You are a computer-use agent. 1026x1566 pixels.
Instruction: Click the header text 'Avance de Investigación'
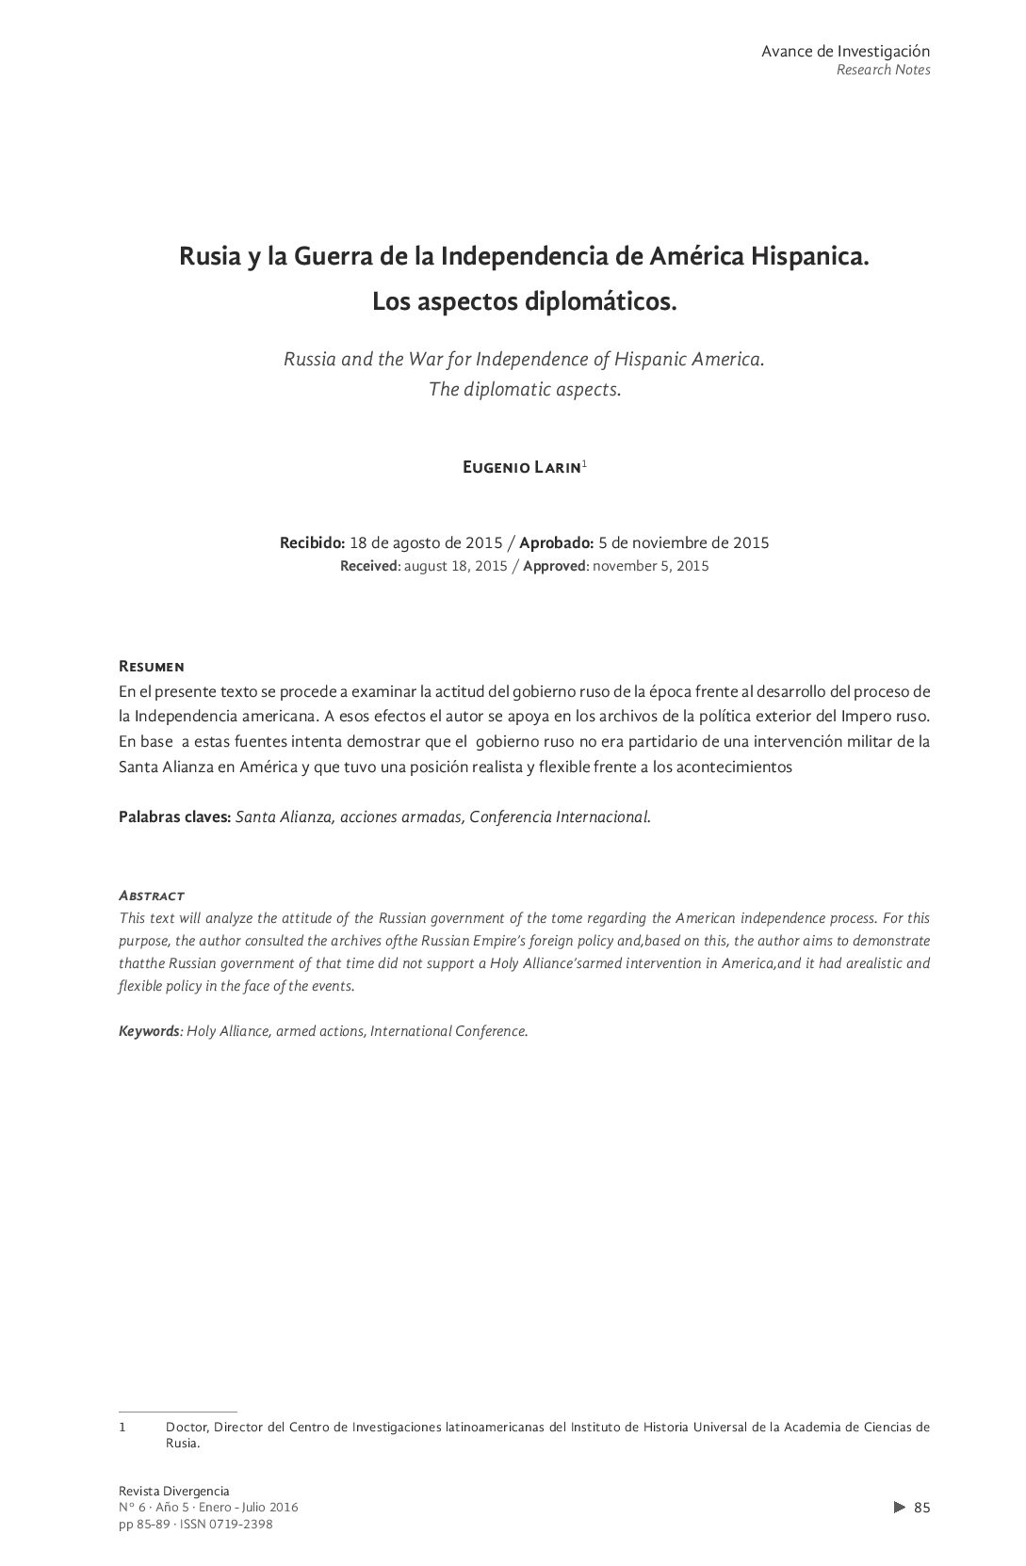(x=845, y=51)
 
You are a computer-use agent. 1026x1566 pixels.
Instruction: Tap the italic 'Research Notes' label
(x=883, y=71)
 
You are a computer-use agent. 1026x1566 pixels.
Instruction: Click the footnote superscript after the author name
(x=585, y=464)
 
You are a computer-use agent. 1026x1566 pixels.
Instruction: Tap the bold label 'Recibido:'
(x=312, y=542)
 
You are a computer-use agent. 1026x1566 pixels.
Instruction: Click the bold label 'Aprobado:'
(x=556, y=542)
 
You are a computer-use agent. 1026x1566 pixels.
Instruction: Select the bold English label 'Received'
(x=369, y=566)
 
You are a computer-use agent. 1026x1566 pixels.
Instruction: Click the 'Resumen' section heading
(x=151, y=667)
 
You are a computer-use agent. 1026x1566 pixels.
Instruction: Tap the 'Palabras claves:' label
(x=174, y=816)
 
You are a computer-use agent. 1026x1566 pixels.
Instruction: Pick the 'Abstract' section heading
(x=151, y=895)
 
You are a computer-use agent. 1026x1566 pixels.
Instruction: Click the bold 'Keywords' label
(x=148, y=1031)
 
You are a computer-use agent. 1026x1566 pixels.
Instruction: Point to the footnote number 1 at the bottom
(x=122, y=1427)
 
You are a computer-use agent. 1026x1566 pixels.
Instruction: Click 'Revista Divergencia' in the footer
(x=174, y=1491)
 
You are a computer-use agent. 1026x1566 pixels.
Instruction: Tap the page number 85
(x=922, y=1507)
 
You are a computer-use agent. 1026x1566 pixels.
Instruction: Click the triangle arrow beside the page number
(x=899, y=1507)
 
